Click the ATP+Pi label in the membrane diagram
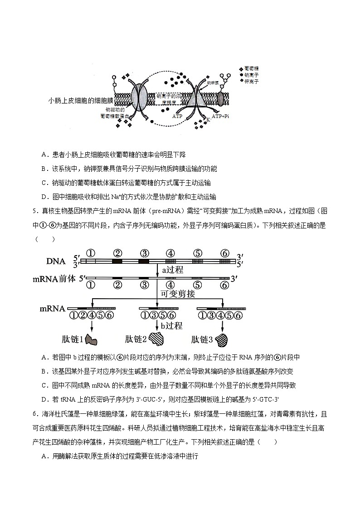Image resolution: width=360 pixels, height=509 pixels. click(221, 116)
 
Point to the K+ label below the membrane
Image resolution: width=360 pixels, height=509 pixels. click(209, 119)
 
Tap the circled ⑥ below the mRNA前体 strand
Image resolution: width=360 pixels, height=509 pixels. click(224, 285)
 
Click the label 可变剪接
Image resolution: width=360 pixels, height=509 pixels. click(178, 294)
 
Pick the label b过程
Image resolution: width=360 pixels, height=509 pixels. click(172, 325)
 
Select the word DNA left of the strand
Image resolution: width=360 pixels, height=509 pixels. click(55, 262)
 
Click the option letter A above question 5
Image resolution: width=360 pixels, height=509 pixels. click(44, 155)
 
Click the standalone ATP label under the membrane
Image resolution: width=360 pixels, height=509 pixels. click(177, 116)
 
